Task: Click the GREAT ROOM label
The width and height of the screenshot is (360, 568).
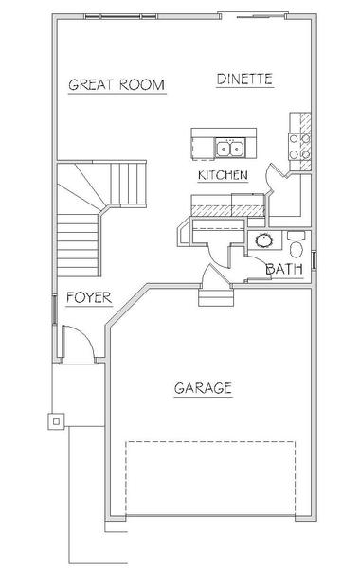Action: click(117, 85)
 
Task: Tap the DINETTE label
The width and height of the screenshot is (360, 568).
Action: click(244, 79)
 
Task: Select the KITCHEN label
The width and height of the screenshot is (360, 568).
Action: click(223, 175)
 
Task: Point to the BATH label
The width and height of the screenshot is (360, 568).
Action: click(284, 269)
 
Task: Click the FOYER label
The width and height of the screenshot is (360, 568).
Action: click(89, 298)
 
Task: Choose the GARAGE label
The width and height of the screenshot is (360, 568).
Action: click(203, 388)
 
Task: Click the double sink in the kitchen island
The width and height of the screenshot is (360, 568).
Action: click(230, 148)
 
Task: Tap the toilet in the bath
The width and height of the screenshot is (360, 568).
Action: click(297, 245)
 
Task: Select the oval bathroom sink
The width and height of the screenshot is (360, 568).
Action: click(264, 240)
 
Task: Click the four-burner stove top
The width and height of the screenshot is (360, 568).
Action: click(299, 147)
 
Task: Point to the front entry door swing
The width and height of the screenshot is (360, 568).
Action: click(78, 344)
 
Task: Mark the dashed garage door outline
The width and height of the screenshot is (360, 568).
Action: click(210, 478)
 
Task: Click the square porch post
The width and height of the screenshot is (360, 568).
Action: click(56, 421)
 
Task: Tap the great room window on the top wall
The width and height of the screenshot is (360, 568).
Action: click(120, 16)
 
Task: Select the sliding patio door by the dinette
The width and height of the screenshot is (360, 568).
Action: click(253, 16)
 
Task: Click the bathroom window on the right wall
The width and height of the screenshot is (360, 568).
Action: click(315, 260)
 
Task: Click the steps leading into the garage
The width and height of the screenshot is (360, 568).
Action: click(216, 297)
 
